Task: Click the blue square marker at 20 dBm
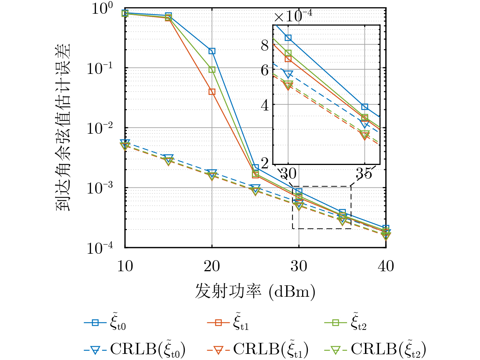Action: pos(212,51)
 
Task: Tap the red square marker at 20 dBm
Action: pos(212,92)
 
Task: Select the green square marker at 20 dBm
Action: pos(212,69)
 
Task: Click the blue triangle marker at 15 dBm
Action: pos(168,158)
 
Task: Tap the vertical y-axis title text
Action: pos(64,127)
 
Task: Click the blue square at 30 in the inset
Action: pos(288,38)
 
